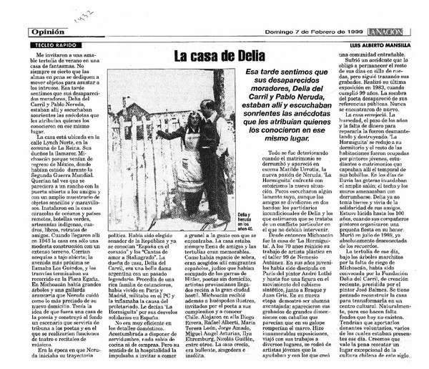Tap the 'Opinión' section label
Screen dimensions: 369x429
(x=51, y=32)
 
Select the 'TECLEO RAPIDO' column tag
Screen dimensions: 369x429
(x=54, y=44)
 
